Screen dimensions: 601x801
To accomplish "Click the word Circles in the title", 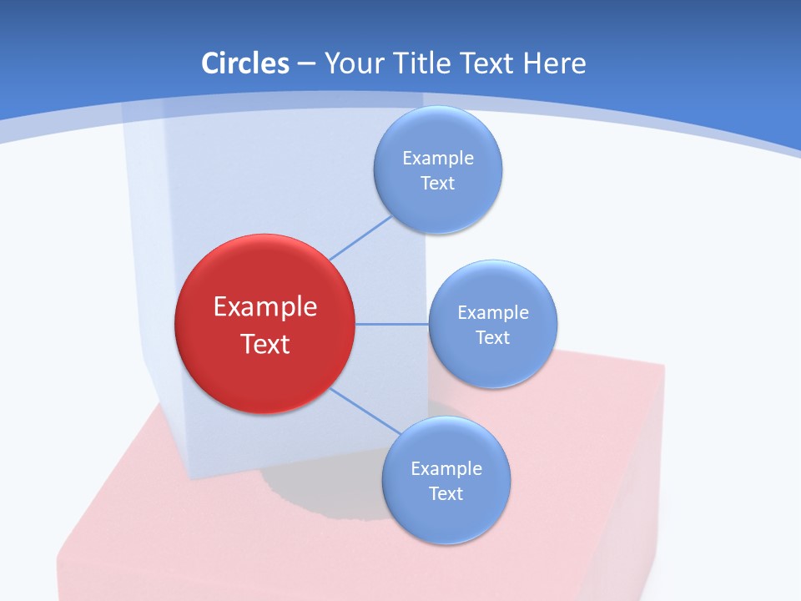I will point(245,63).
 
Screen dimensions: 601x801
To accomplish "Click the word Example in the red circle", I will point(265,307).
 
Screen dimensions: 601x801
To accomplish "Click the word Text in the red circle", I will point(265,344).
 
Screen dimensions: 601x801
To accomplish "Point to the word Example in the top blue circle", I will point(438,158).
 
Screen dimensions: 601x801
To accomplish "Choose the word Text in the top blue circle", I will point(438,183).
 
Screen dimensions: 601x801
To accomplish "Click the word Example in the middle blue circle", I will point(493,312).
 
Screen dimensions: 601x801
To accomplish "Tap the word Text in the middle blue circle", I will point(493,337).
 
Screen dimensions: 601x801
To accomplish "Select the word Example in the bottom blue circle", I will point(446,468).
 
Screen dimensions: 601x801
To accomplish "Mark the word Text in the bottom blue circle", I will point(446,493).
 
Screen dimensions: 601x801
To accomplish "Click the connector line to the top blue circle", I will point(360,238).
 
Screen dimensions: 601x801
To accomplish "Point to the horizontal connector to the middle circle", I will point(392,324).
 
